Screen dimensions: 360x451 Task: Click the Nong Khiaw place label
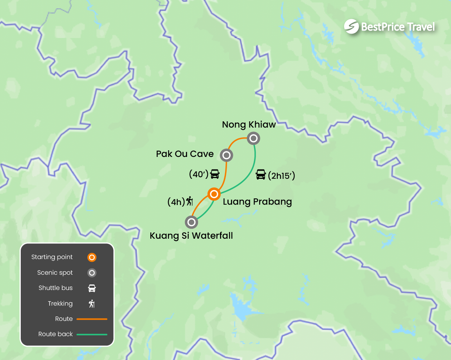(249, 124)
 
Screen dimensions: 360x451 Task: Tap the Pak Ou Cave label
(185, 154)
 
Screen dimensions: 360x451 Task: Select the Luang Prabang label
(257, 202)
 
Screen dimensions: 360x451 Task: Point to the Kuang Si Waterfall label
(191, 236)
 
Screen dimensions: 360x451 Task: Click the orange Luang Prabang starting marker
(214, 194)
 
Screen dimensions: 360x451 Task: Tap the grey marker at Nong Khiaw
(254, 138)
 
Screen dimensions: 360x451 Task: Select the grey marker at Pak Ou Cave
(226, 155)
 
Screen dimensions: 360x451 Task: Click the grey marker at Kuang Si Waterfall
(191, 222)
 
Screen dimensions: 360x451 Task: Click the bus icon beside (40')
(215, 174)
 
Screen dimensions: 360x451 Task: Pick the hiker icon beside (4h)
(190, 202)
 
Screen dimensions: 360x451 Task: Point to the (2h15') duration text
(281, 176)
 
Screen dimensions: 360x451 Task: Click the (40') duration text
(198, 175)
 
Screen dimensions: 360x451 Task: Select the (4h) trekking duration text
(176, 202)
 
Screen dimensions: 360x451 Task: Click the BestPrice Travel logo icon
(351, 27)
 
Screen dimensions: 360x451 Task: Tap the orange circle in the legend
(92, 257)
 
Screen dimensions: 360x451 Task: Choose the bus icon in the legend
(92, 288)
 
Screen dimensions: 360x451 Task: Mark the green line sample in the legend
(92, 335)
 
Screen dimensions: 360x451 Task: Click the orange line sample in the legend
(92, 319)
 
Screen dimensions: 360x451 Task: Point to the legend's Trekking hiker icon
(92, 304)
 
